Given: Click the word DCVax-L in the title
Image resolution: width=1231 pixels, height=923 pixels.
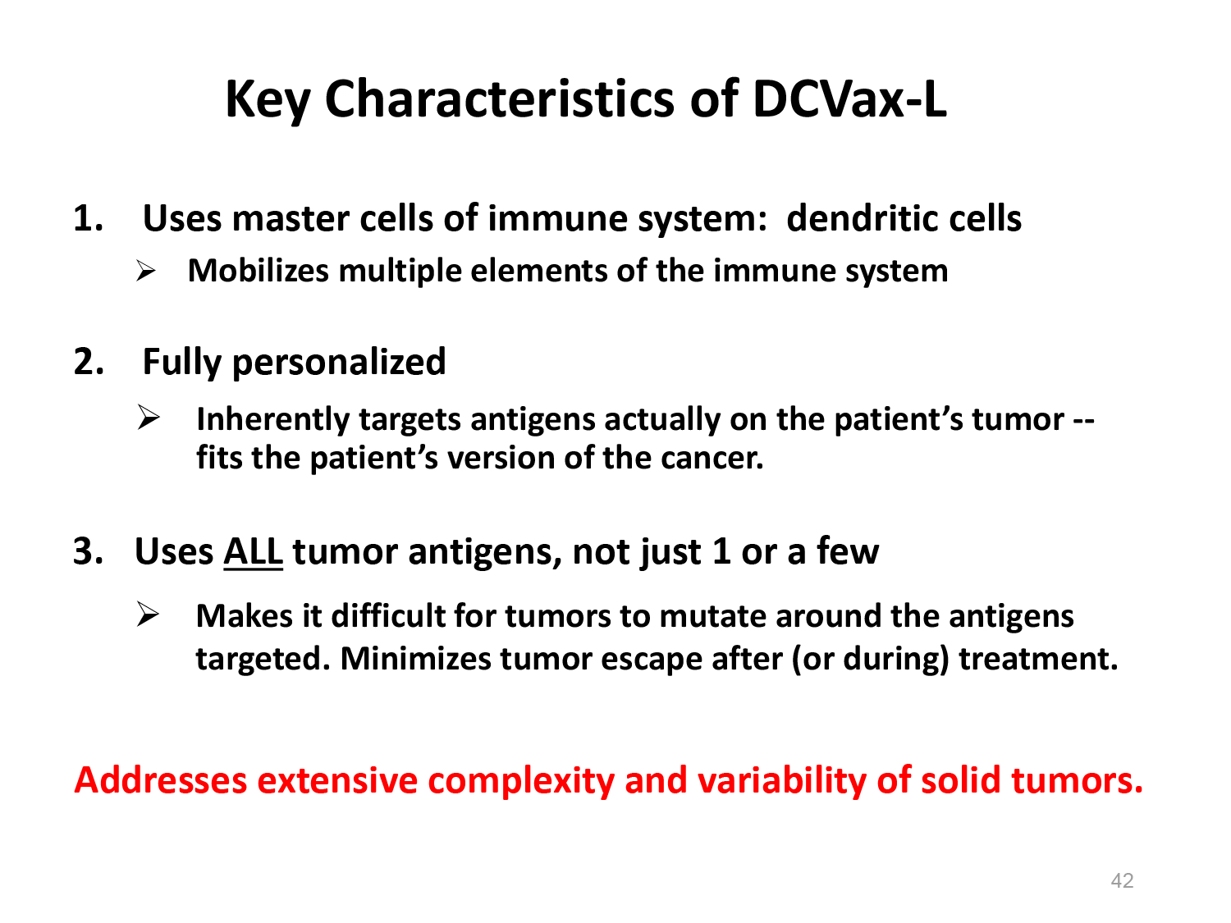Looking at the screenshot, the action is tap(849, 98).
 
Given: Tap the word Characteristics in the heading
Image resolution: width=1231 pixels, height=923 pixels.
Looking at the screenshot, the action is tap(500, 98).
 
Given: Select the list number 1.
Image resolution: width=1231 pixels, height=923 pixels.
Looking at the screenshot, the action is tap(88, 218).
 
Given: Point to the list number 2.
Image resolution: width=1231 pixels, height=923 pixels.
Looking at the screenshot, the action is tap(89, 362).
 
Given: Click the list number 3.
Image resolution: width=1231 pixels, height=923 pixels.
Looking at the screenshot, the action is tap(88, 551).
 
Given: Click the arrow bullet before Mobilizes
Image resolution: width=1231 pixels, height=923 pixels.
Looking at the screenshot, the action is tap(146, 272).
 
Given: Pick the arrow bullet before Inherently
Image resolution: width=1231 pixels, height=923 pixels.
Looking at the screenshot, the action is tap(149, 418).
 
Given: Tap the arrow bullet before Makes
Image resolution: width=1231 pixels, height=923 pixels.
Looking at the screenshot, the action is tap(148, 615).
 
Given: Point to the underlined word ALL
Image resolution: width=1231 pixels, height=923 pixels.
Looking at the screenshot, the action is tap(253, 551).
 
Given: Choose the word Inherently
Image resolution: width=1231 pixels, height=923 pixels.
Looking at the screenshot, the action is tap(273, 420).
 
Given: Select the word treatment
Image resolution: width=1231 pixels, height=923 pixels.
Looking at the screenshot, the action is tap(1038, 659).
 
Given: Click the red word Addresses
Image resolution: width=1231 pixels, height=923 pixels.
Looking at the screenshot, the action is tap(160, 780).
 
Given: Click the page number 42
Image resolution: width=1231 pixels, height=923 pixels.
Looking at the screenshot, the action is tap(1122, 880).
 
